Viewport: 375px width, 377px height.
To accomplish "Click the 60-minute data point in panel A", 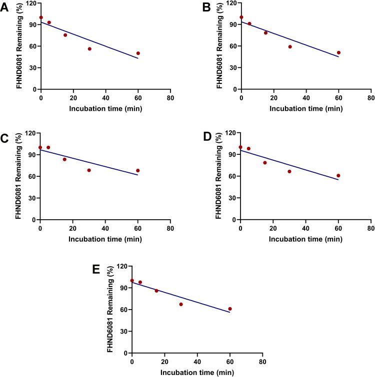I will (x=138, y=53).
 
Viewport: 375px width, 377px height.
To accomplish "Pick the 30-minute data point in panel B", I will (x=290, y=47).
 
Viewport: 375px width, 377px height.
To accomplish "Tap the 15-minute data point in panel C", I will (x=64, y=159).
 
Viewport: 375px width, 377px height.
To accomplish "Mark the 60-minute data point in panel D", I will (x=338, y=176).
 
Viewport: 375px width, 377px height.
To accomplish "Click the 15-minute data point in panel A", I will (x=65, y=35).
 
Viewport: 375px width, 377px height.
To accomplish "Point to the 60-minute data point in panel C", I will (x=138, y=171).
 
